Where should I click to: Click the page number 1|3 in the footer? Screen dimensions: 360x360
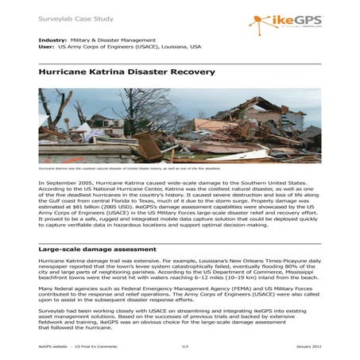[x=184, y=347]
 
